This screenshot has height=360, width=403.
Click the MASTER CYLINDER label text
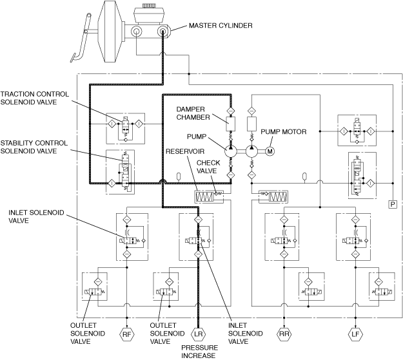pos(221,26)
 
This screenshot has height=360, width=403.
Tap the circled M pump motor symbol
pos(270,151)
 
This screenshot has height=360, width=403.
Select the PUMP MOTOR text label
pos(283,132)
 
